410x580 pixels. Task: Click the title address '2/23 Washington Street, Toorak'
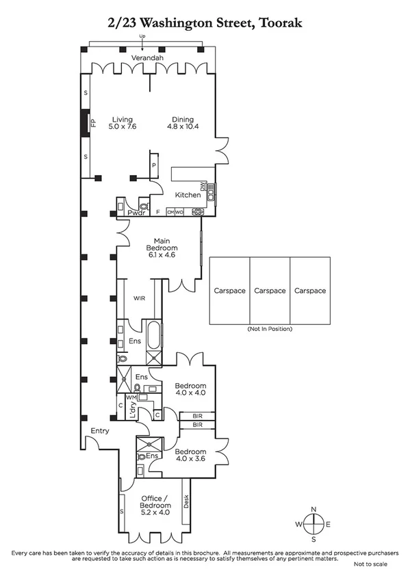point(205,23)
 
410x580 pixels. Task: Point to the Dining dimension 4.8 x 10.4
point(183,127)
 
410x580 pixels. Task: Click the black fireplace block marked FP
point(84,123)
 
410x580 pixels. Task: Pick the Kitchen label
point(188,195)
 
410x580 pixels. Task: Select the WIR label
point(139,298)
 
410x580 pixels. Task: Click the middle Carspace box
point(270,291)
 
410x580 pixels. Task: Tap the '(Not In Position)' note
point(270,329)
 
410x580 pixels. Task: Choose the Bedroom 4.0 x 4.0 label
point(190,389)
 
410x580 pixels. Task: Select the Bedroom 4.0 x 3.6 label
point(190,456)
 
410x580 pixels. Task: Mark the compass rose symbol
point(313,524)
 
